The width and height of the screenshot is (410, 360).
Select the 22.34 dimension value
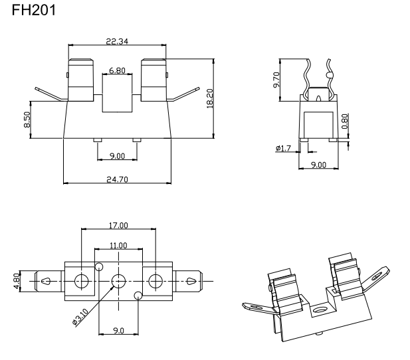tap(117, 41)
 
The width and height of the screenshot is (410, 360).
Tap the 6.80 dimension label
tap(117, 70)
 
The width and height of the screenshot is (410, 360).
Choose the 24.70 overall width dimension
tap(117, 179)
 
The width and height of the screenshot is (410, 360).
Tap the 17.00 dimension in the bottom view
tap(118, 226)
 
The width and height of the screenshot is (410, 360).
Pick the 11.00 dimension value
tap(118, 246)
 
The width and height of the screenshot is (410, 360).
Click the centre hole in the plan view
tap(118, 280)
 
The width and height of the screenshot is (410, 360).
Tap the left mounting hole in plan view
tap(82, 280)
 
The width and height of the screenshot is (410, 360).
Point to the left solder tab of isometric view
tap(256, 308)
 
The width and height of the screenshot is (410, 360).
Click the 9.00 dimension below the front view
tap(117, 156)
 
